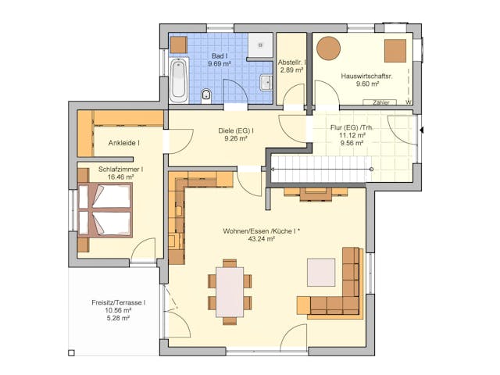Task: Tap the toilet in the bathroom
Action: click(x=206, y=96)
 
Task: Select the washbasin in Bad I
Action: click(x=266, y=80)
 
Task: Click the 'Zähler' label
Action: click(x=381, y=102)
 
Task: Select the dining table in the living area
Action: click(x=230, y=291)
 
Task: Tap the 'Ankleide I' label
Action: click(x=119, y=143)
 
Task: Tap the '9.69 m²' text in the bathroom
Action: click(x=220, y=64)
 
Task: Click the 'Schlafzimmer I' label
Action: click(x=119, y=170)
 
